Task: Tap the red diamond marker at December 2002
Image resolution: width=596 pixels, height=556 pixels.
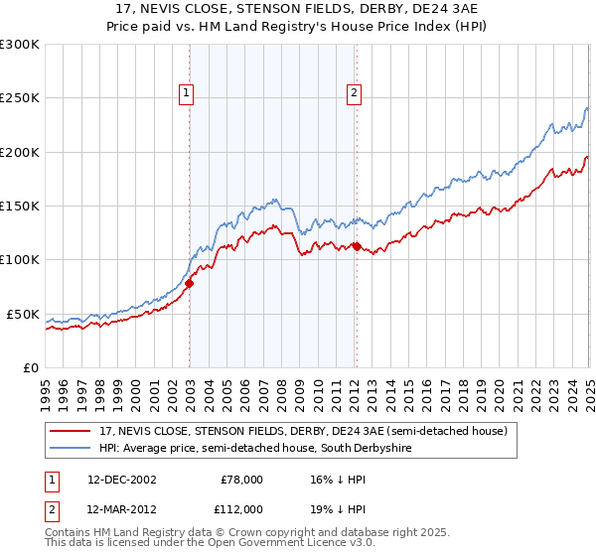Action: coord(189,283)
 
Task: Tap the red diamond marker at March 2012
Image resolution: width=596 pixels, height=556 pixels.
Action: coord(357,246)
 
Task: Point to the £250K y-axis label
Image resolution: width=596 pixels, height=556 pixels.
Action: coord(20,98)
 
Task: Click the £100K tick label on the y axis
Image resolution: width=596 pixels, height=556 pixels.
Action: coord(20,260)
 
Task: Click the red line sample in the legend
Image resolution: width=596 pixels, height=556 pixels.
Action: coord(70,431)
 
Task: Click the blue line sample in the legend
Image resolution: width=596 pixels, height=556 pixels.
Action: coord(70,449)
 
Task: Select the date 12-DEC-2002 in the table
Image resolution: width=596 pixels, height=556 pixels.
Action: coord(121,480)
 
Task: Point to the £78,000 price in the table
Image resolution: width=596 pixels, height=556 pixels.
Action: coord(239,480)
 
